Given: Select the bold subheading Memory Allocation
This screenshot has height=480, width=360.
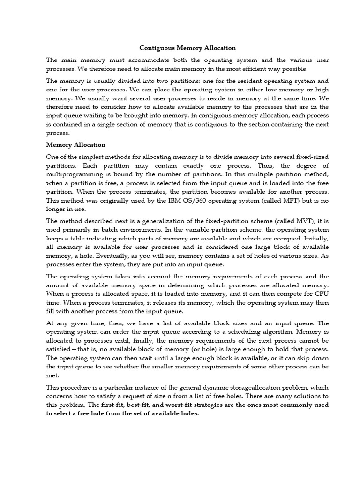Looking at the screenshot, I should (x=76, y=145).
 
